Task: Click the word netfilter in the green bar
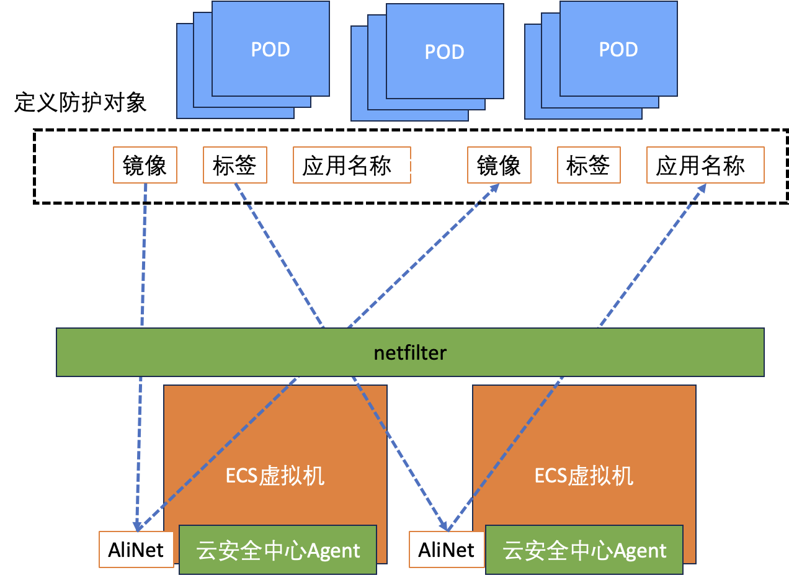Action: [410, 353]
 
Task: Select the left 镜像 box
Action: [145, 165]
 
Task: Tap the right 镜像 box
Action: [499, 165]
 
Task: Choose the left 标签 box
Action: [235, 165]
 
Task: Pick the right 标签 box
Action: [589, 165]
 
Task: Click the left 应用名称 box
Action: [347, 166]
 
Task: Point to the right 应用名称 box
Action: [701, 166]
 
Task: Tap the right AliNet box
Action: [447, 549]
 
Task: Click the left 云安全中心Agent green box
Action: [278, 550]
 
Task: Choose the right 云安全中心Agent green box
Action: [584, 550]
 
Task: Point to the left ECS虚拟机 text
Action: [275, 476]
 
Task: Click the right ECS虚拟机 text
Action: [584, 476]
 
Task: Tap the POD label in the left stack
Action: [270, 50]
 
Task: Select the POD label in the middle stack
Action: [445, 52]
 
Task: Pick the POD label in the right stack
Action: [618, 50]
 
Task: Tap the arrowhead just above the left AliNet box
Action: [136, 525]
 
